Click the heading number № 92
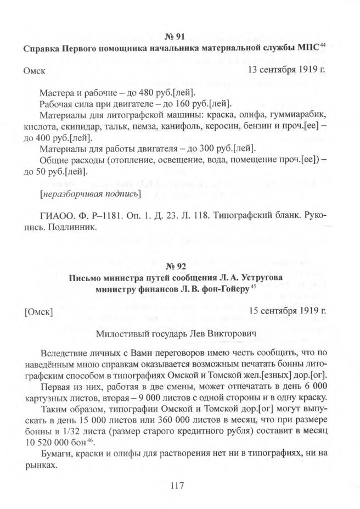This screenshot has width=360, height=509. (176, 267)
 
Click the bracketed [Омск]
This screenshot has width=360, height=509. (38, 312)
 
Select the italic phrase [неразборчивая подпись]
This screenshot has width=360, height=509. (90, 194)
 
